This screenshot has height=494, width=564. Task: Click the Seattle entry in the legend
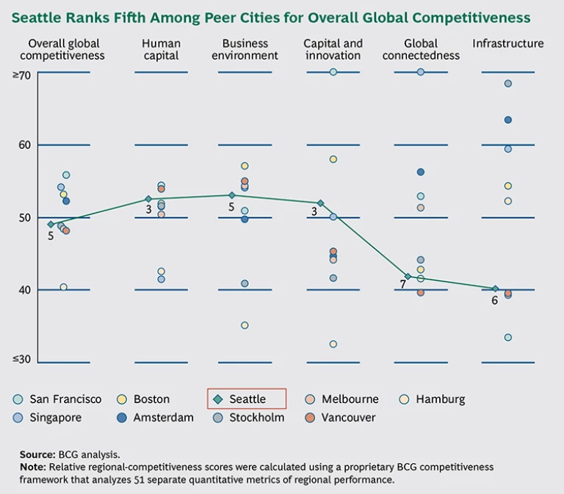click(247, 399)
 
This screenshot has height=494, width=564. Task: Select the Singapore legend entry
click(55, 418)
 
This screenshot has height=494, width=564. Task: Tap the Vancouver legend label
click(348, 418)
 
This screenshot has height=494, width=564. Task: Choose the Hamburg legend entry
click(440, 399)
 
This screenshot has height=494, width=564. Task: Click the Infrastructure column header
click(507, 44)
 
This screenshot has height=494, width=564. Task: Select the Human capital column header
click(161, 49)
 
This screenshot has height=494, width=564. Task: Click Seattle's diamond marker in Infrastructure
click(495, 288)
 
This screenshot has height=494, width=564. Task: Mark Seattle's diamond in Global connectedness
click(408, 276)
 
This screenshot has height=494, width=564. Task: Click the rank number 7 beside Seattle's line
click(403, 283)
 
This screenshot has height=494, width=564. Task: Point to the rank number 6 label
click(494, 299)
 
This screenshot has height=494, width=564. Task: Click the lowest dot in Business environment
click(245, 325)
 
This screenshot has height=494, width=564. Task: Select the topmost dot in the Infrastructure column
click(507, 84)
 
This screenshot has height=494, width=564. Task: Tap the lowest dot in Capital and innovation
click(333, 344)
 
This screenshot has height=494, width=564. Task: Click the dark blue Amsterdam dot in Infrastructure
click(507, 120)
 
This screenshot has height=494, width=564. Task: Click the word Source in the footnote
click(37, 455)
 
